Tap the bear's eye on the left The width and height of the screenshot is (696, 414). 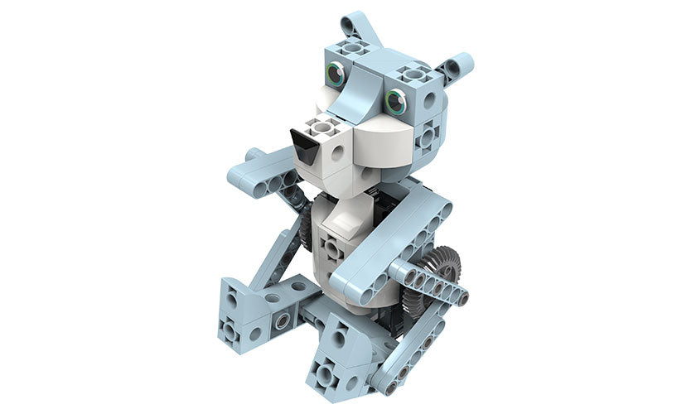[x=336, y=75]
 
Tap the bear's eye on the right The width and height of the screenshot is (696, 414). [x=395, y=101]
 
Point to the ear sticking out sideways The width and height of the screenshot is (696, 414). [x=456, y=66]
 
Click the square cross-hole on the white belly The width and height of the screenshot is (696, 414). [x=331, y=248]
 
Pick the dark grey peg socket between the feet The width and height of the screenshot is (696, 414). [x=285, y=320]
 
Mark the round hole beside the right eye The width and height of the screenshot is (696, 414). [x=428, y=100]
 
